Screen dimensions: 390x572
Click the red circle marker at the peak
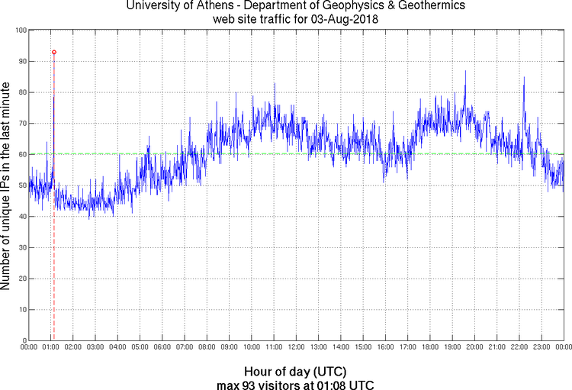[x=53, y=52]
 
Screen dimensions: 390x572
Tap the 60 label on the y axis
[x=22, y=154]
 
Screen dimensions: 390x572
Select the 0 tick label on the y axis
[x=24, y=340]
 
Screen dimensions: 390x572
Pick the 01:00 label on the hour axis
[x=51, y=348]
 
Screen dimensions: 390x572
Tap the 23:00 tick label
[x=541, y=348]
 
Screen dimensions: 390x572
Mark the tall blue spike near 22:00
[x=523, y=78]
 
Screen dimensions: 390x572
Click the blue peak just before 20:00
[x=465, y=72]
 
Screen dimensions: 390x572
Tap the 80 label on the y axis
[x=22, y=92]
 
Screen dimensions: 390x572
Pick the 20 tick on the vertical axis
[x=22, y=279]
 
